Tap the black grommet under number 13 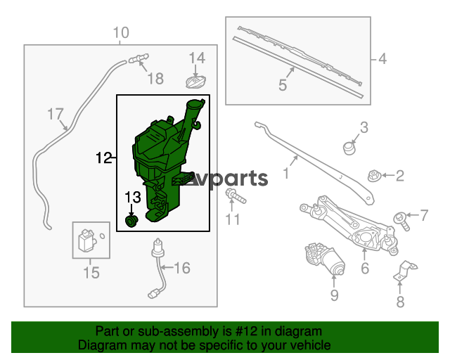[x=131, y=221]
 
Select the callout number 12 [x=103, y=157]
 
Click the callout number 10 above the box [x=121, y=32]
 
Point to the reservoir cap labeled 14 [x=195, y=82]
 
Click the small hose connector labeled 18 [x=139, y=58]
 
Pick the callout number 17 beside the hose [x=55, y=114]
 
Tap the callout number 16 [x=182, y=268]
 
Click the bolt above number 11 [x=236, y=196]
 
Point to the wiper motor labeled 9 [x=325, y=258]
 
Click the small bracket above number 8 [x=405, y=271]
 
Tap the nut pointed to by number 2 [x=374, y=176]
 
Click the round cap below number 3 [x=349, y=148]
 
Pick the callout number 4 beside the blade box [x=382, y=59]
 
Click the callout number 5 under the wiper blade [x=283, y=85]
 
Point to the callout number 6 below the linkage [x=365, y=268]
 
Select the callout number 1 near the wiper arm [x=286, y=174]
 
